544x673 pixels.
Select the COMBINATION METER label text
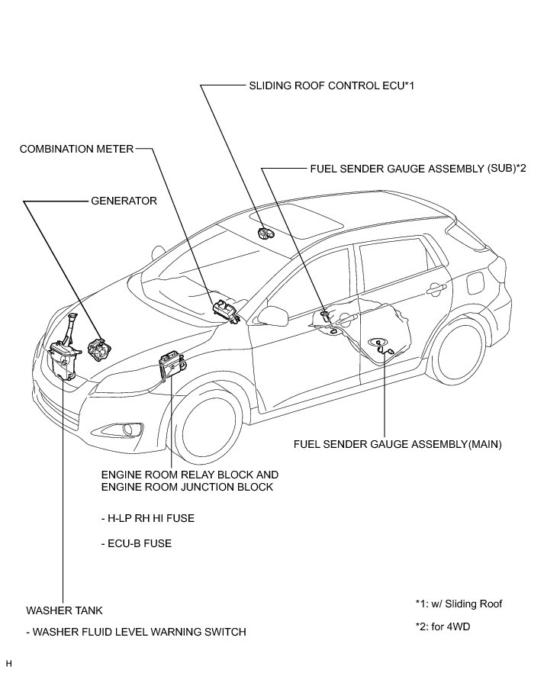click(76, 149)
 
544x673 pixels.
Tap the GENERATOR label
click(124, 201)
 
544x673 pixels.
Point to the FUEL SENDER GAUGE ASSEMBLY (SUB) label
click(418, 169)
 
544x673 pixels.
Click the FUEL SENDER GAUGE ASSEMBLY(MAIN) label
click(398, 443)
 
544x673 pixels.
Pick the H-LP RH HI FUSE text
click(147, 518)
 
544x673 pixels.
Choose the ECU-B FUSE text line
click(136, 544)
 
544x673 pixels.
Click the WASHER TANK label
click(64, 611)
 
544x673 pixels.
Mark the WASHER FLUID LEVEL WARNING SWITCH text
click(136, 632)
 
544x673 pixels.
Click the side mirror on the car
click(271, 314)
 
